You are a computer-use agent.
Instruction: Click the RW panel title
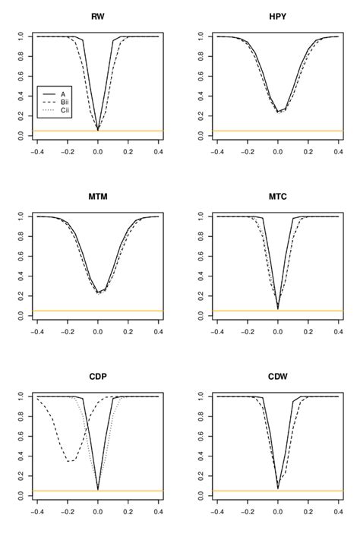coord(97,17)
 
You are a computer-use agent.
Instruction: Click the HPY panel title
coord(278,17)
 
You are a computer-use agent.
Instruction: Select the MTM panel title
coord(97,197)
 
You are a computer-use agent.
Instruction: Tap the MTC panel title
coord(278,197)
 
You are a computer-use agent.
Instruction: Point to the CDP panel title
coord(97,377)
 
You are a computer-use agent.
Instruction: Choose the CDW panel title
coord(278,377)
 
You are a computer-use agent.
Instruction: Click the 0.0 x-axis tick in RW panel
coord(97,152)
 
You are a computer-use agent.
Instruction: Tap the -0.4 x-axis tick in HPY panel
coord(217,152)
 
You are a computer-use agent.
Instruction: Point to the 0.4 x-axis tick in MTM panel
coord(158,332)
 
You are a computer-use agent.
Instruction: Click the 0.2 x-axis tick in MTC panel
coord(308,332)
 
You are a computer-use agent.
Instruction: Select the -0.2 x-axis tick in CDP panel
coord(67,512)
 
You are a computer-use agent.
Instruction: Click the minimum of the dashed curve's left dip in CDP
coord(69,461)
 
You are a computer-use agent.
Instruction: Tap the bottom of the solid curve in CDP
coord(98,489)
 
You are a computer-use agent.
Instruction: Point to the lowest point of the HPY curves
coord(279,112)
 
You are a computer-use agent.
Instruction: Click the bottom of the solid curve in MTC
coord(278,308)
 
